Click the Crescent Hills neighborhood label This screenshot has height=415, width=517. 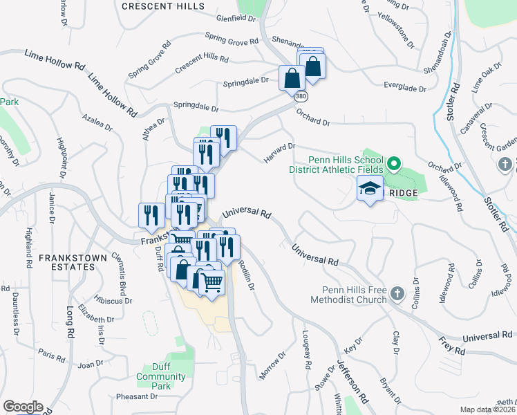(163, 6)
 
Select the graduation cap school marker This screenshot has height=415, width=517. (370, 188)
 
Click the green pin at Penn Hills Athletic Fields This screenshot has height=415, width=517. (394, 165)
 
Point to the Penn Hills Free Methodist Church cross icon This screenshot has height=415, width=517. (397, 294)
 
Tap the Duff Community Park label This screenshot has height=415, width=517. (161, 376)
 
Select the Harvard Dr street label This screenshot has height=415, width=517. (279, 154)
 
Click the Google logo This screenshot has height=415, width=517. (23, 407)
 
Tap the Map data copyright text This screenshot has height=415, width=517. (488, 409)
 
